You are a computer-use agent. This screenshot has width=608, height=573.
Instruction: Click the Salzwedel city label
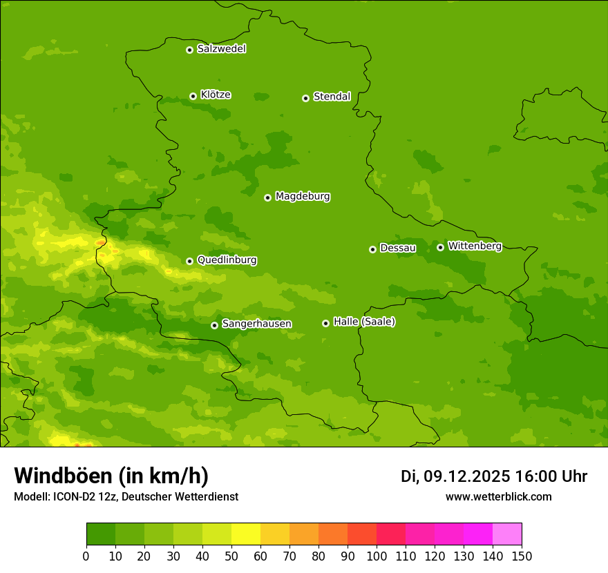point(221,49)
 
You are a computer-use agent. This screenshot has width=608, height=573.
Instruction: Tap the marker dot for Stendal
point(305,98)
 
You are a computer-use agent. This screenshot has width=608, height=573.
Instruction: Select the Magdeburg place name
point(303,197)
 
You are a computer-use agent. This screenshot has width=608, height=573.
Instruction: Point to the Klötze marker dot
point(193,96)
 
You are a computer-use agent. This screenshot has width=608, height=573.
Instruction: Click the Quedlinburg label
point(227,260)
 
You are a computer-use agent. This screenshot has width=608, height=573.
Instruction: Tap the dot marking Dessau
point(372,249)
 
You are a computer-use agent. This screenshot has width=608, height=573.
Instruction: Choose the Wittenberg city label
point(475,246)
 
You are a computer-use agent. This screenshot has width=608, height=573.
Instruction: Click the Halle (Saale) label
point(364,322)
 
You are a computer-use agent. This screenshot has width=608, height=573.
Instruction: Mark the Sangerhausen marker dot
point(214,325)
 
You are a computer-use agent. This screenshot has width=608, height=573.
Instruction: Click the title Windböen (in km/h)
point(111,476)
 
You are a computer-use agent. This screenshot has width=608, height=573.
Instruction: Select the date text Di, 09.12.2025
point(455,476)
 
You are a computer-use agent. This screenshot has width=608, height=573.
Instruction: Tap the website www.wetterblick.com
point(498,496)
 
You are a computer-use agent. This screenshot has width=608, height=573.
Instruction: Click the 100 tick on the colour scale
point(377,556)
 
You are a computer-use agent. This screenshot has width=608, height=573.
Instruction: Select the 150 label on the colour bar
point(522,556)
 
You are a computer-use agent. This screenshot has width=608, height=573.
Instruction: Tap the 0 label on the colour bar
point(86,556)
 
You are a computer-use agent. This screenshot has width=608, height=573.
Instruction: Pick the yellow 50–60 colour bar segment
point(246,534)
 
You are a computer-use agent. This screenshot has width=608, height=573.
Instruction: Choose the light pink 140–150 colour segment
point(507,534)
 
